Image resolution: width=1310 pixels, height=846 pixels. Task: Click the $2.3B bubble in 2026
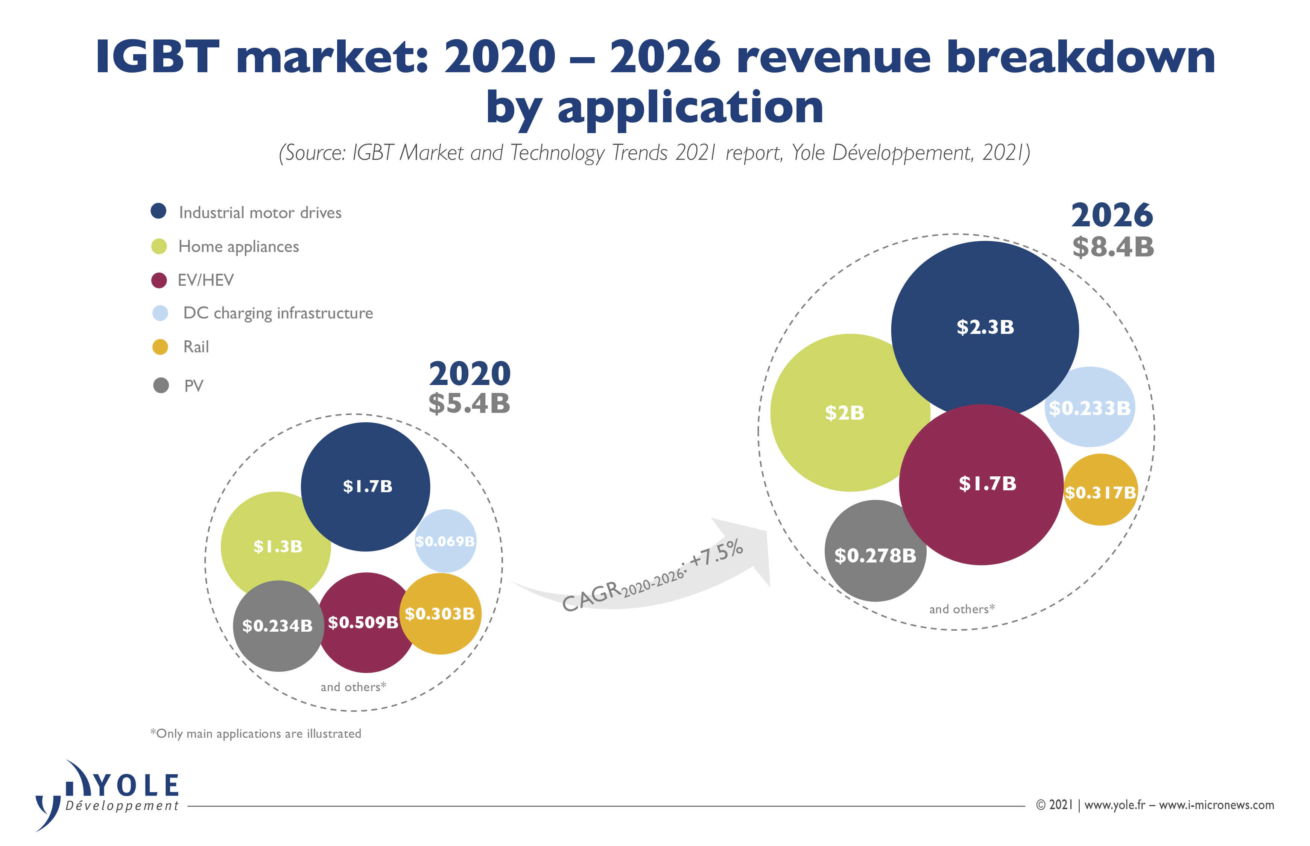click(984, 328)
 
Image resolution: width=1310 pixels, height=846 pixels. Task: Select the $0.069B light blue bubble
click(445, 541)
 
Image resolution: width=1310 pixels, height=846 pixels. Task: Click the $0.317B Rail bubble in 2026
click(1100, 492)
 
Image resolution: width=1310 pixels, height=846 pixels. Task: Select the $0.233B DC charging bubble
click(1090, 408)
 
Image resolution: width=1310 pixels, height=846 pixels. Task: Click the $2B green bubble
click(845, 412)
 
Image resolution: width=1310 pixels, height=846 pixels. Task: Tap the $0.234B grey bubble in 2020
click(278, 626)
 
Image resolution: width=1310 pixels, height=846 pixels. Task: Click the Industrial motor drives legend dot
click(159, 211)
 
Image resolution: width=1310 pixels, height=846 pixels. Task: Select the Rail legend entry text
click(196, 347)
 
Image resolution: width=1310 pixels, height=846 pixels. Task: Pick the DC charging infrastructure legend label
click(278, 313)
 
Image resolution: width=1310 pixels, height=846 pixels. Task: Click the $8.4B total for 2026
click(1113, 247)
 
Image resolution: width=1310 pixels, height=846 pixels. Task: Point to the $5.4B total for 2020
click(469, 404)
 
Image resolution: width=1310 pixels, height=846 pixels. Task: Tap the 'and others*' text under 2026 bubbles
click(962, 609)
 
